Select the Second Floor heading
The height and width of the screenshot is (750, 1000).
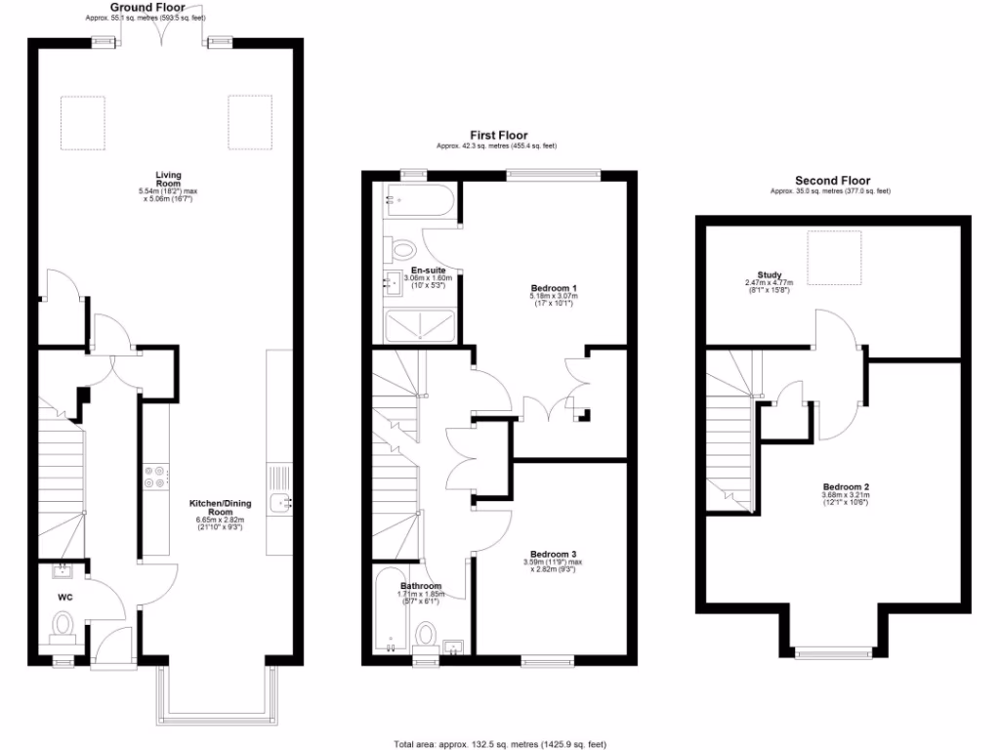point(832,181)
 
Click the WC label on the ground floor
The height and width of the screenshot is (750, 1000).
point(65,596)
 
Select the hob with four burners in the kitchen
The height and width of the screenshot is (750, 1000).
point(155,478)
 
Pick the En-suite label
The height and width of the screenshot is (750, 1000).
point(427,270)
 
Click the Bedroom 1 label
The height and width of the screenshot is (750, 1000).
point(554,288)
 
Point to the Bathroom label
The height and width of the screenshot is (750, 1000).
point(421,587)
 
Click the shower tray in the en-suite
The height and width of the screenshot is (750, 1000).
point(420,326)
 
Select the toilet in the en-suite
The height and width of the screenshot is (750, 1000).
point(402,250)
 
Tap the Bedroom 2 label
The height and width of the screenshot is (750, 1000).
point(845,487)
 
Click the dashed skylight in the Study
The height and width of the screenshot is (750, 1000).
point(833,257)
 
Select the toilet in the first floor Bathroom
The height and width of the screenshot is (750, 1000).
point(426,636)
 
